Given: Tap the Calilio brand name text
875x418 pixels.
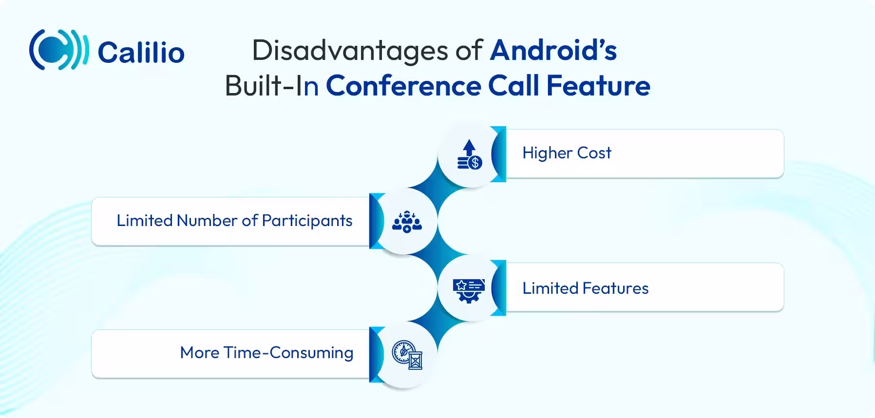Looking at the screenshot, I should pyautogui.click(x=141, y=53).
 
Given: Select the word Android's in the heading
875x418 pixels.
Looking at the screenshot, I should pyautogui.click(x=553, y=50).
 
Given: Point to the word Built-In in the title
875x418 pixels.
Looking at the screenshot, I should pyautogui.click(x=272, y=86).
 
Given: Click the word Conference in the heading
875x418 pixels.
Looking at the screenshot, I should pyautogui.click(x=403, y=86).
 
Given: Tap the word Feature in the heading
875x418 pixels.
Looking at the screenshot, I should pyautogui.click(x=598, y=86).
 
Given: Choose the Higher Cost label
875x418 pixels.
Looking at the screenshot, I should pyautogui.click(x=567, y=153).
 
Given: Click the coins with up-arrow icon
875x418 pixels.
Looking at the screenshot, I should pyautogui.click(x=469, y=155).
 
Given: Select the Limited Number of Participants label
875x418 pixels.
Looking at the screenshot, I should pyautogui.click(x=234, y=221).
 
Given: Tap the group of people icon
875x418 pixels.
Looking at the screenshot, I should pyautogui.click(x=407, y=222).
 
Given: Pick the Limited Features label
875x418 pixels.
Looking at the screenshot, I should pyautogui.click(x=585, y=288).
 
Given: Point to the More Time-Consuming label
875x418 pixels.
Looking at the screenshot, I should pyautogui.click(x=266, y=353).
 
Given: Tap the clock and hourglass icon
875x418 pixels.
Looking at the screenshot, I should pyautogui.click(x=407, y=355).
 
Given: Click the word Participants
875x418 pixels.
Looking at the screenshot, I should pyautogui.click(x=307, y=221).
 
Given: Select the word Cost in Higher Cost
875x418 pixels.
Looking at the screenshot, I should pyautogui.click(x=594, y=153).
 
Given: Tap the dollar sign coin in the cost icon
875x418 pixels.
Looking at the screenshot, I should pyautogui.click(x=475, y=163).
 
